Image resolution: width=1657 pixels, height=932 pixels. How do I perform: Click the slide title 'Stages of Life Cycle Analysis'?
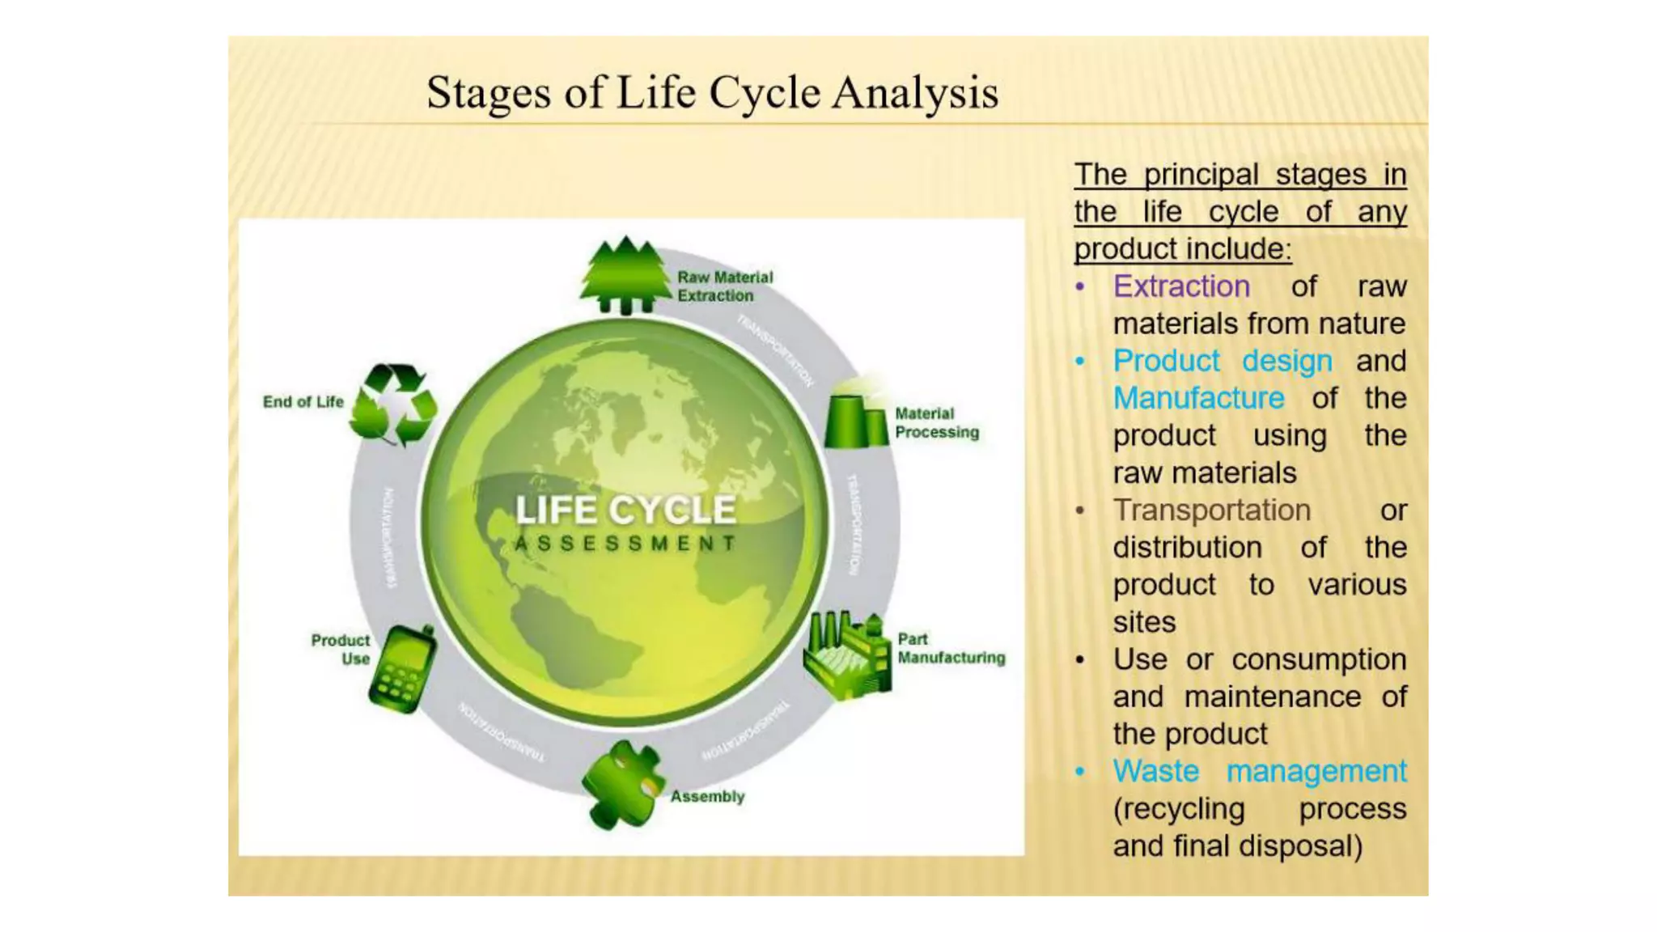click(x=712, y=92)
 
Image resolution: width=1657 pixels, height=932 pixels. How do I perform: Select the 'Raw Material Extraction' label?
click(x=725, y=286)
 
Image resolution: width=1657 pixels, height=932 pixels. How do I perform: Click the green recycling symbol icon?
click(x=394, y=405)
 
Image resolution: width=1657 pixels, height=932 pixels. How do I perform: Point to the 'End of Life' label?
click(x=303, y=402)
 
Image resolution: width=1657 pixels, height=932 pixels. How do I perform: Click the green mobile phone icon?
click(x=402, y=669)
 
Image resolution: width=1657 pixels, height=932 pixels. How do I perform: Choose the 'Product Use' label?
click(x=341, y=650)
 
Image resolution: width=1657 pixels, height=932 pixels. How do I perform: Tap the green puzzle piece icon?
click(x=622, y=785)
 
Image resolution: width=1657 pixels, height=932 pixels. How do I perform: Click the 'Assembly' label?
click(x=707, y=797)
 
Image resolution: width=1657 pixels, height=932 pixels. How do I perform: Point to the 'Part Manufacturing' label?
click(x=951, y=649)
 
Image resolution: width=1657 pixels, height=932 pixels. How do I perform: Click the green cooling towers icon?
click(x=856, y=419)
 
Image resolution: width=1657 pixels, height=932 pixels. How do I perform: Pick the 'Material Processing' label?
click(x=936, y=423)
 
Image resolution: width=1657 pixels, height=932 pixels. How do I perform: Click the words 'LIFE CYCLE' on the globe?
click(x=625, y=510)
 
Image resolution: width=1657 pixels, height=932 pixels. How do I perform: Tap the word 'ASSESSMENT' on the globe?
click(x=625, y=544)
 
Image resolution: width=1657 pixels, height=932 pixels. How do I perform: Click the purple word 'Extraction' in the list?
click(x=1181, y=286)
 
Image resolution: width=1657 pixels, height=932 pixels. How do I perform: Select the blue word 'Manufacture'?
click(x=1198, y=398)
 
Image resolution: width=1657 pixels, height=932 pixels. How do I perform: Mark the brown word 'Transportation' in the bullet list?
click(x=1211, y=510)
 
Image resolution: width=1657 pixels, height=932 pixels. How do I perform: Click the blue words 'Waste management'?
click(x=1259, y=771)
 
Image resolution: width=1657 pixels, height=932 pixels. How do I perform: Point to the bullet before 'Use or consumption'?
click(x=1080, y=660)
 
